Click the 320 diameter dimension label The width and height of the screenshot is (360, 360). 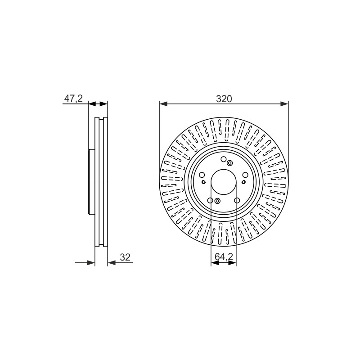(x=224, y=99)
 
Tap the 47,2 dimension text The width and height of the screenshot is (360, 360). (x=73, y=99)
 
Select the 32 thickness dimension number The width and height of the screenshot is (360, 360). (x=125, y=257)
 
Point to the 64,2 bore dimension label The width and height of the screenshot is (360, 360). (x=224, y=257)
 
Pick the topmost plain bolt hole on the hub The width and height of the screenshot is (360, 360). (x=223, y=159)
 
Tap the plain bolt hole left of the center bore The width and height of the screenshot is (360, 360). (x=202, y=175)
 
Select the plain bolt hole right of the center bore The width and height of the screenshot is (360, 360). (x=245, y=175)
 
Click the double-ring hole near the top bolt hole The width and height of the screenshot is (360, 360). (x=229, y=163)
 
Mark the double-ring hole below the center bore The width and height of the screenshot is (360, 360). (x=217, y=201)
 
